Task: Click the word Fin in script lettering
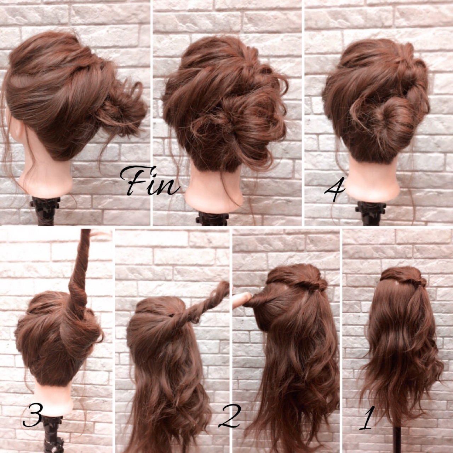(x=150, y=181)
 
